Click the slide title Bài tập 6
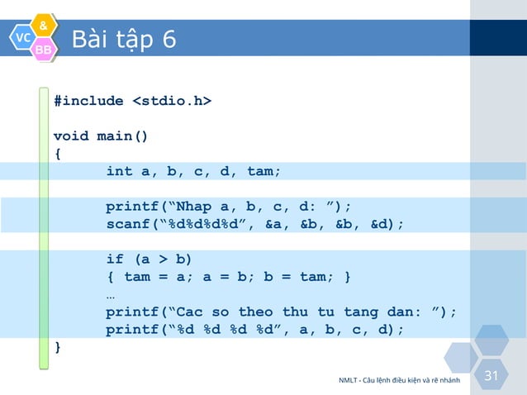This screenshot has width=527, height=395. point(123,40)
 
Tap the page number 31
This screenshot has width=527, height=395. point(491,376)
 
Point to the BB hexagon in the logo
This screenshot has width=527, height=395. point(44,51)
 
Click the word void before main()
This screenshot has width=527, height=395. point(71,136)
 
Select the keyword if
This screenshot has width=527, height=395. point(115,259)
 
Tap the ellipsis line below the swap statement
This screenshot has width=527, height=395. point(111,294)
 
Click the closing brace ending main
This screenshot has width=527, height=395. point(57,346)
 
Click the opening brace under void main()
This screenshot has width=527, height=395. point(57,154)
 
